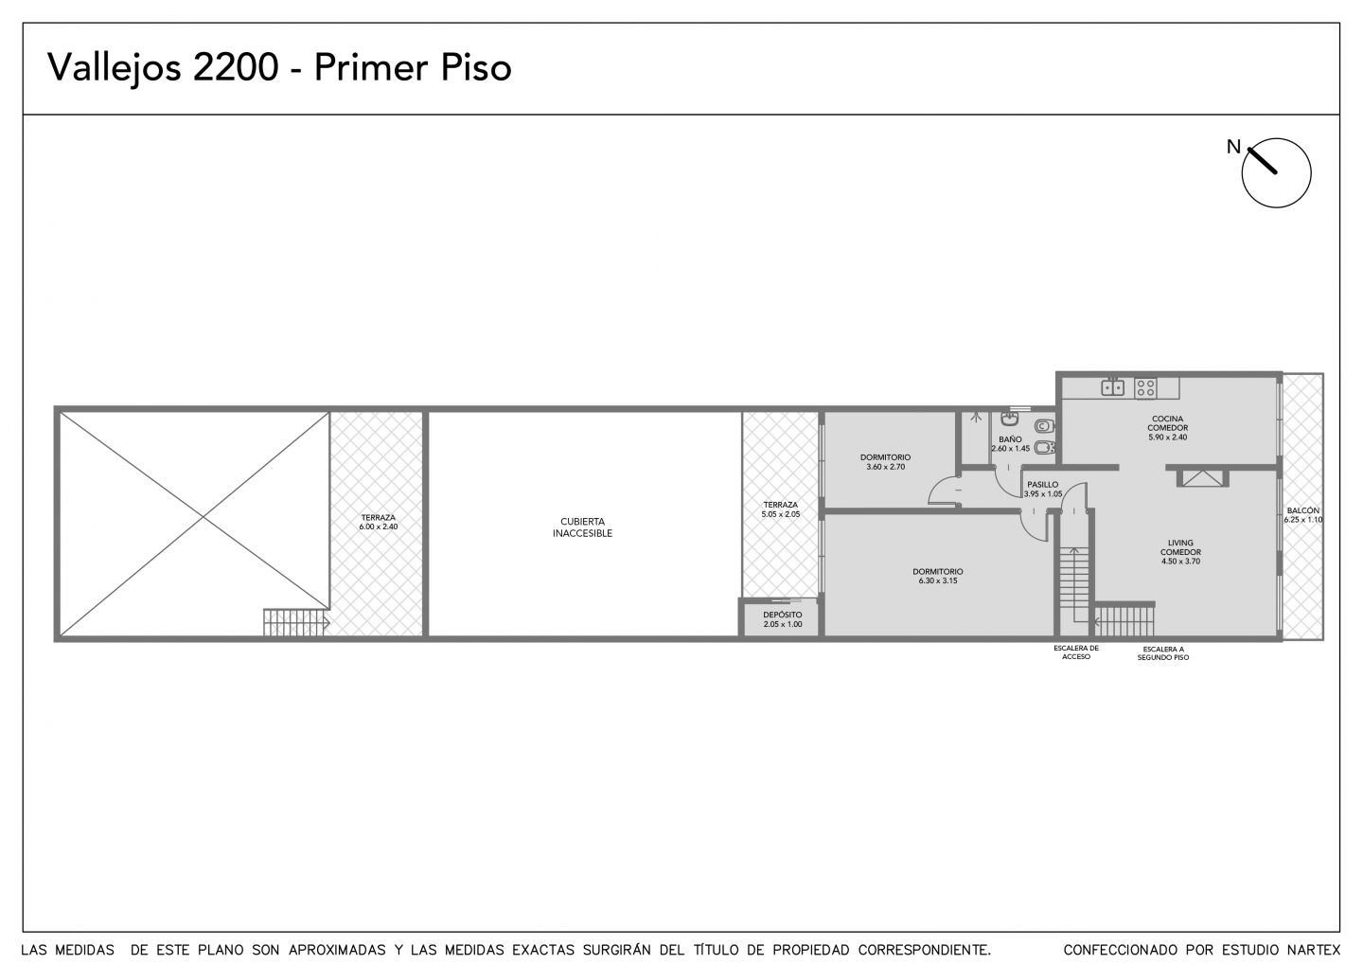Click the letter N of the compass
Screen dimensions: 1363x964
tap(1233, 147)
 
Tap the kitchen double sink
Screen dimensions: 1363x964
tap(1113, 387)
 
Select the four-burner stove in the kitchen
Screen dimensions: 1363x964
tap(1145, 387)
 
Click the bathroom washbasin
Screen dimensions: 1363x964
tap(1010, 419)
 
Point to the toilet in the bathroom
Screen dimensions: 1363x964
tap(1044, 425)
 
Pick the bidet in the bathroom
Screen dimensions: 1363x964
tap(1044, 449)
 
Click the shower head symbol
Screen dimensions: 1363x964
tap(976, 417)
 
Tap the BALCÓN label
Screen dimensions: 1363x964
tap(1302, 510)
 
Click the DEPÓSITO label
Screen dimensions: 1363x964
tap(783, 615)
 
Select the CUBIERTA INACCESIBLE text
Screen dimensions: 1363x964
tap(582, 527)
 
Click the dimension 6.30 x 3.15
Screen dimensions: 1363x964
tap(938, 580)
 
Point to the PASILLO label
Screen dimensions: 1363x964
tap(1043, 485)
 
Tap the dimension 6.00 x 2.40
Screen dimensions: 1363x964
tap(379, 527)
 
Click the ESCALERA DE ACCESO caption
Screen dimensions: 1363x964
tap(1076, 652)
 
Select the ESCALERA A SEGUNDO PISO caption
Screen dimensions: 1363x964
tap(1163, 653)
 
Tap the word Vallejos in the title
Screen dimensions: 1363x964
tap(115, 67)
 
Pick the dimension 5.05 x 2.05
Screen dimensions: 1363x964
tap(781, 513)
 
